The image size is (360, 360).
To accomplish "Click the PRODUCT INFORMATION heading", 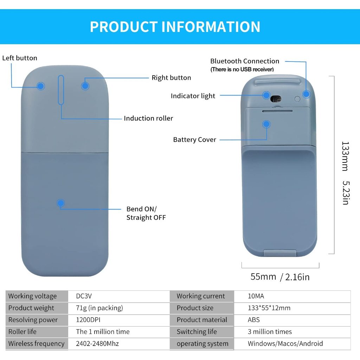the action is click(x=175, y=27).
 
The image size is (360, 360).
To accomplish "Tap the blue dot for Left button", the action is click(x=41, y=86).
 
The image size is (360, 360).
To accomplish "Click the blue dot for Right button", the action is click(x=85, y=86).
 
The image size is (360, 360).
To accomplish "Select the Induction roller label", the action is click(x=148, y=118).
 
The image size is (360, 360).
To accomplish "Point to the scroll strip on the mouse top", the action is click(x=61, y=90).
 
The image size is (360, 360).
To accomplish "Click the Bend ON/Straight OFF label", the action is click(x=146, y=213).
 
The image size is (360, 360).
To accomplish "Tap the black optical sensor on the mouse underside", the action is click(x=276, y=99).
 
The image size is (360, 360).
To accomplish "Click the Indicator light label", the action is click(x=193, y=96).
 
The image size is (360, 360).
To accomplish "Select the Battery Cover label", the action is click(x=194, y=140).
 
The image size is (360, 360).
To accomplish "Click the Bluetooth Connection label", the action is click(x=245, y=61).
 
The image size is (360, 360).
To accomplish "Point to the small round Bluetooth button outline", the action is click(x=297, y=99).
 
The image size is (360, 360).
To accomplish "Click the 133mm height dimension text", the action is click(x=345, y=156).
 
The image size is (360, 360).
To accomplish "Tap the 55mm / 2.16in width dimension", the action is click(x=280, y=277).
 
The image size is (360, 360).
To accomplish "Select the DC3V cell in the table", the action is click(x=84, y=296).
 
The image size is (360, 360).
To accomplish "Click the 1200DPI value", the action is click(x=88, y=320).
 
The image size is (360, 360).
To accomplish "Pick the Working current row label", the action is click(x=201, y=296).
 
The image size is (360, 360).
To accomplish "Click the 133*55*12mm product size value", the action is click(x=269, y=308).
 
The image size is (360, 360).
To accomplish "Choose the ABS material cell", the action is click(x=254, y=320).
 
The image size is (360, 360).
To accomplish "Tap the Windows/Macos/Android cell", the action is click(x=285, y=343).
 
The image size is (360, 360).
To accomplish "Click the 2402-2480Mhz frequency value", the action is click(x=97, y=343).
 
